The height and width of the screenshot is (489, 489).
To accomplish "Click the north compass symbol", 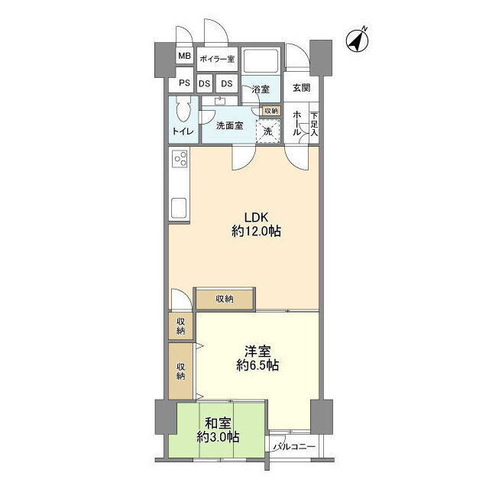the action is [358, 40].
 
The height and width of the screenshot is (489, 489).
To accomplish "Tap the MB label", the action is [184, 56].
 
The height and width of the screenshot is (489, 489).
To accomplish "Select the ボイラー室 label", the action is [217, 59].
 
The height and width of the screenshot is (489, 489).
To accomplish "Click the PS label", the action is [184, 83].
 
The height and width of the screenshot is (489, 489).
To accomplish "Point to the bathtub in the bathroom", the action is [261, 60].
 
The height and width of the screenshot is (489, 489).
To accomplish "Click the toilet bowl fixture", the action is [183, 110].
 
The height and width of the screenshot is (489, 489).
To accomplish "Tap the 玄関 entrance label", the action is [302, 88].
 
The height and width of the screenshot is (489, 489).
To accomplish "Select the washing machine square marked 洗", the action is [268, 131].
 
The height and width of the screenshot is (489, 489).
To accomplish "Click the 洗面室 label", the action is [229, 125].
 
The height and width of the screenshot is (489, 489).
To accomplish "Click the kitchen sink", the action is [179, 208].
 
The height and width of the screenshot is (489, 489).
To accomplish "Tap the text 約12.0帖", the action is [257, 232].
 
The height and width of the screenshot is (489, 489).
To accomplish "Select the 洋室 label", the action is [257, 351].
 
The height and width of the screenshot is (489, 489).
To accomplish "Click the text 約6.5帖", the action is [257, 365].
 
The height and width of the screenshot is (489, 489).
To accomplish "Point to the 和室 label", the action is [218, 424].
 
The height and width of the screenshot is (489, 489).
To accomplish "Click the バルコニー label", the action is [294, 447].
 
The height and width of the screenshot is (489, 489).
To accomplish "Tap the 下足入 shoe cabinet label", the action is [314, 125].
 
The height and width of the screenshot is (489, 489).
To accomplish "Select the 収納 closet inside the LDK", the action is [225, 300].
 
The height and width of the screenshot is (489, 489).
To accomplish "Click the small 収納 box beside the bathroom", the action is [271, 111].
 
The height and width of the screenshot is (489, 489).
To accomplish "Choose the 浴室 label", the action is [261, 89].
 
